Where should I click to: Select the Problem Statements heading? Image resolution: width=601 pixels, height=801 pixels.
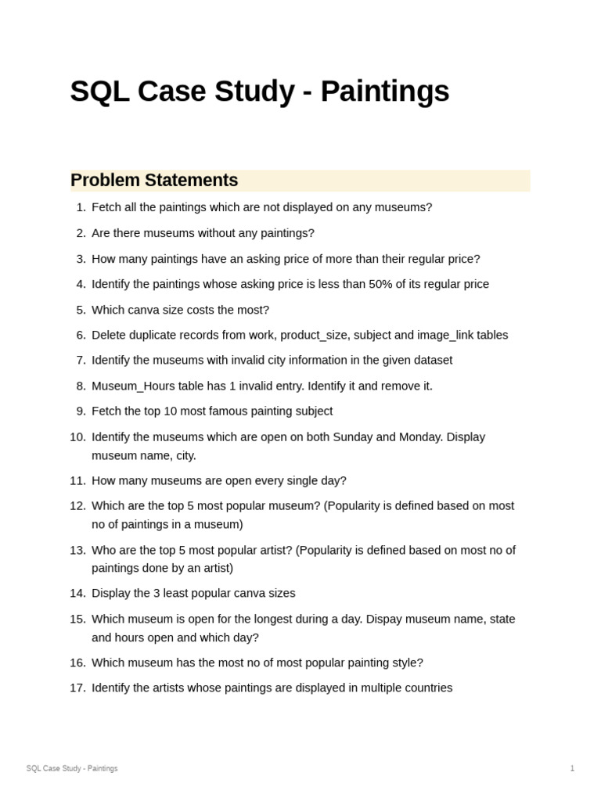pos(154,180)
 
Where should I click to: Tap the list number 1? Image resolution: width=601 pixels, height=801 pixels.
pos(81,207)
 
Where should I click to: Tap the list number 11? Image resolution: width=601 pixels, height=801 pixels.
pos(77,480)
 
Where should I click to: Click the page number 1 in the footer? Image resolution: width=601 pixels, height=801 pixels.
pos(572,768)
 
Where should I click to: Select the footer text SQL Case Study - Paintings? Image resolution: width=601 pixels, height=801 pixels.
pos(72,768)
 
